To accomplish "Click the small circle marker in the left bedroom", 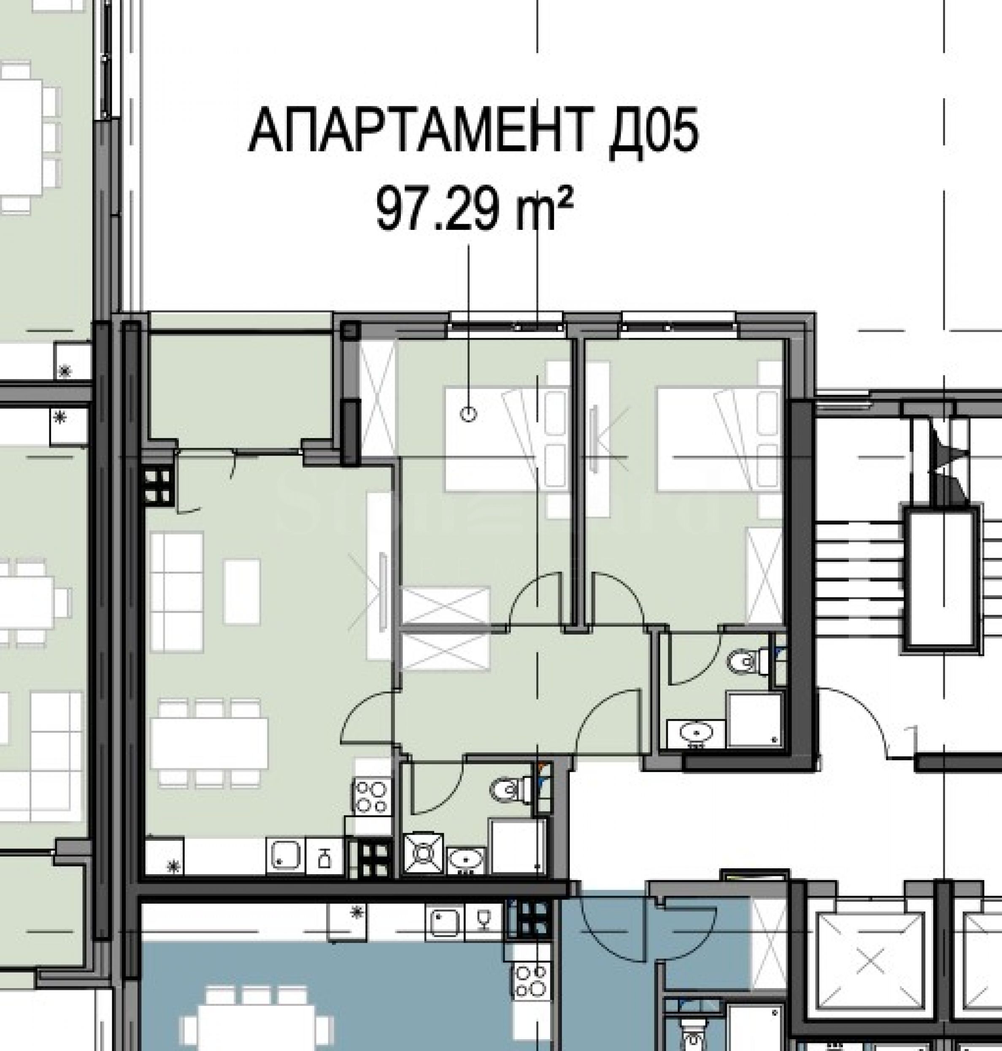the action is (x=468, y=413).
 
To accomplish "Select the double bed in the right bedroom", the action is (x=719, y=438).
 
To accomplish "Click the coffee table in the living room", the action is (x=242, y=592).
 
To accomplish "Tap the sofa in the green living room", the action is (x=177, y=592).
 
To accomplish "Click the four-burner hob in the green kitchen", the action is (x=371, y=797).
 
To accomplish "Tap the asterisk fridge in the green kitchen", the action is (x=165, y=856).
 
